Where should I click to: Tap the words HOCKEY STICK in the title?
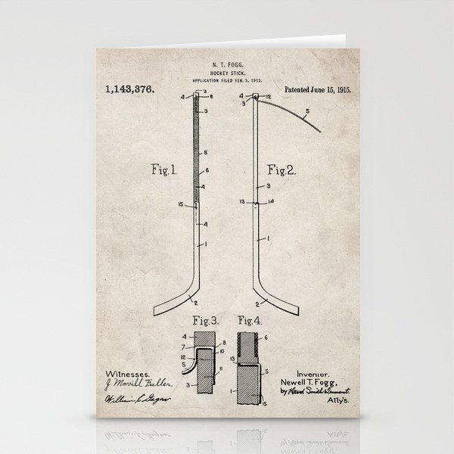click(226, 72)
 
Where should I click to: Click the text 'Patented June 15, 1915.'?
click(321, 89)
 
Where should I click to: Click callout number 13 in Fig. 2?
click(242, 202)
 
